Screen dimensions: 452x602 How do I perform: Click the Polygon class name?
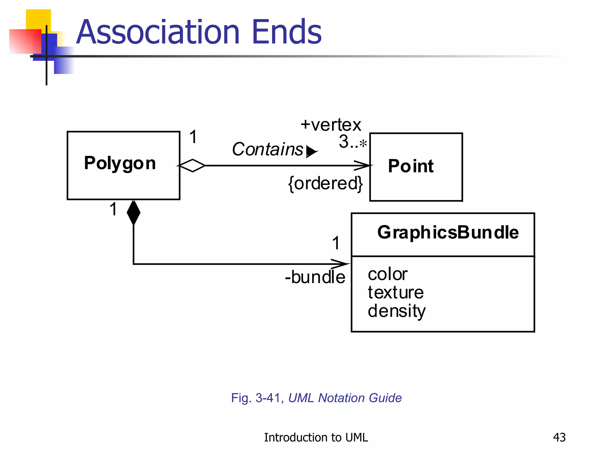(x=120, y=163)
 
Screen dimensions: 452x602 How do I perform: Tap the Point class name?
(x=411, y=166)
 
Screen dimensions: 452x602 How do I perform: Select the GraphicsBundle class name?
(x=448, y=232)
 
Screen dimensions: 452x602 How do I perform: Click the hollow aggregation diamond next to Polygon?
(x=192, y=166)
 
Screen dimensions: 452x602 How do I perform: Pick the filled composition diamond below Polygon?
(x=133, y=212)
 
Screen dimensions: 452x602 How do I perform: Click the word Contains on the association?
(x=267, y=149)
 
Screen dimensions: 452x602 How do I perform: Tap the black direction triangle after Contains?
(x=311, y=152)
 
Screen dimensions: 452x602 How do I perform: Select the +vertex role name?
(x=331, y=125)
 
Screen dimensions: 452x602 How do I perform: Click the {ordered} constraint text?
(x=325, y=184)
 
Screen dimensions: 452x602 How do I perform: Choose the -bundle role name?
(x=315, y=277)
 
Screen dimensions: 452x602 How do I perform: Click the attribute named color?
(x=387, y=274)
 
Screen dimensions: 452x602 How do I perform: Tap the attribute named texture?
(x=396, y=293)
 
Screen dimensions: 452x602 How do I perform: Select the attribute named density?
(x=397, y=311)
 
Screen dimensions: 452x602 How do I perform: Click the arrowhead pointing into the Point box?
(x=363, y=166)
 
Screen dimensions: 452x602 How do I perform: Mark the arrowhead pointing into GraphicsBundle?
(x=341, y=264)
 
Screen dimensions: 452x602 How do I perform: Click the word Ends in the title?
(x=287, y=32)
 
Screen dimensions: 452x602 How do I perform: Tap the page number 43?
(x=559, y=437)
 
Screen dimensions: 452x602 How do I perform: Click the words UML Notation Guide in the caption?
(x=345, y=398)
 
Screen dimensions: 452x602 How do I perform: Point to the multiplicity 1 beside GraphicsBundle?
(x=336, y=243)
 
